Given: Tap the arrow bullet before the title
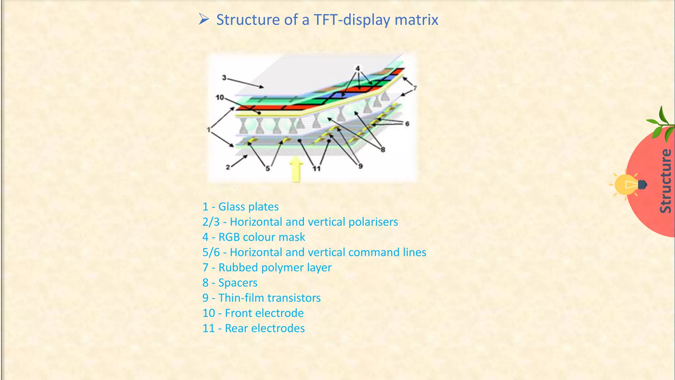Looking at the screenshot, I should tap(204, 19).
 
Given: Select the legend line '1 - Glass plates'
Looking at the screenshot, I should tap(240, 207).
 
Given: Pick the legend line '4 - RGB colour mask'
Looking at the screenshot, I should tap(253, 237).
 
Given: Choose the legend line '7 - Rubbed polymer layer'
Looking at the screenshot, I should tap(267, 268).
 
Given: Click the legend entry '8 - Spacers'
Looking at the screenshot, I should tap(230, 283).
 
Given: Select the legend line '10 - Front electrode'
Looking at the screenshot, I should tap(253, 313).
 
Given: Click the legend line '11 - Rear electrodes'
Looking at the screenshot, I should tap(253, 328).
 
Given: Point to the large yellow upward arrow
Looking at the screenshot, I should tap(296, 169).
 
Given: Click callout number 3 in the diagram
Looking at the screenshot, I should tap(224, 78).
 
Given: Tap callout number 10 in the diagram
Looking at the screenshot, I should tap(220, 97).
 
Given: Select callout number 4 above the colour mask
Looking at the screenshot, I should tap(358, 68).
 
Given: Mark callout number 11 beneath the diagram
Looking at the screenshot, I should tap(316, 169).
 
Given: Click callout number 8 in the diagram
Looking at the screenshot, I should tap(383, 149).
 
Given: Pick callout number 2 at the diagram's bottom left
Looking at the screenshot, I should tap(228, 167).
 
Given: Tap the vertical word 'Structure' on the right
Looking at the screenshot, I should tap(665, 181).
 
